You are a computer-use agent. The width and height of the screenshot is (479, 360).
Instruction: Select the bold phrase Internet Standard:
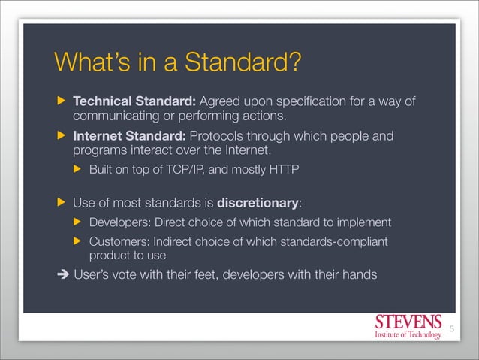click(x=129, y=137)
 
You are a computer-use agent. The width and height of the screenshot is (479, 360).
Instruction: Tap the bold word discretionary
click(x=258, y=203)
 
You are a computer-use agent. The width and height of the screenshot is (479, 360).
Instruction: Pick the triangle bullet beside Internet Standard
click(x=61, y=138)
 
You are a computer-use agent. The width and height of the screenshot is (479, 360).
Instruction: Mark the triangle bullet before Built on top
click(x=77, y=170)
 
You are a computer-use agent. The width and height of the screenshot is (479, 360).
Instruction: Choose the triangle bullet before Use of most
click(x=61, y=204)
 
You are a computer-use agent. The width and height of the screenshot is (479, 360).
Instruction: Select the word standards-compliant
click(x=336, y=241)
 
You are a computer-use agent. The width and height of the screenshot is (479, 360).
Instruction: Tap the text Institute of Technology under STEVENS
click(x=408, y=334)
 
